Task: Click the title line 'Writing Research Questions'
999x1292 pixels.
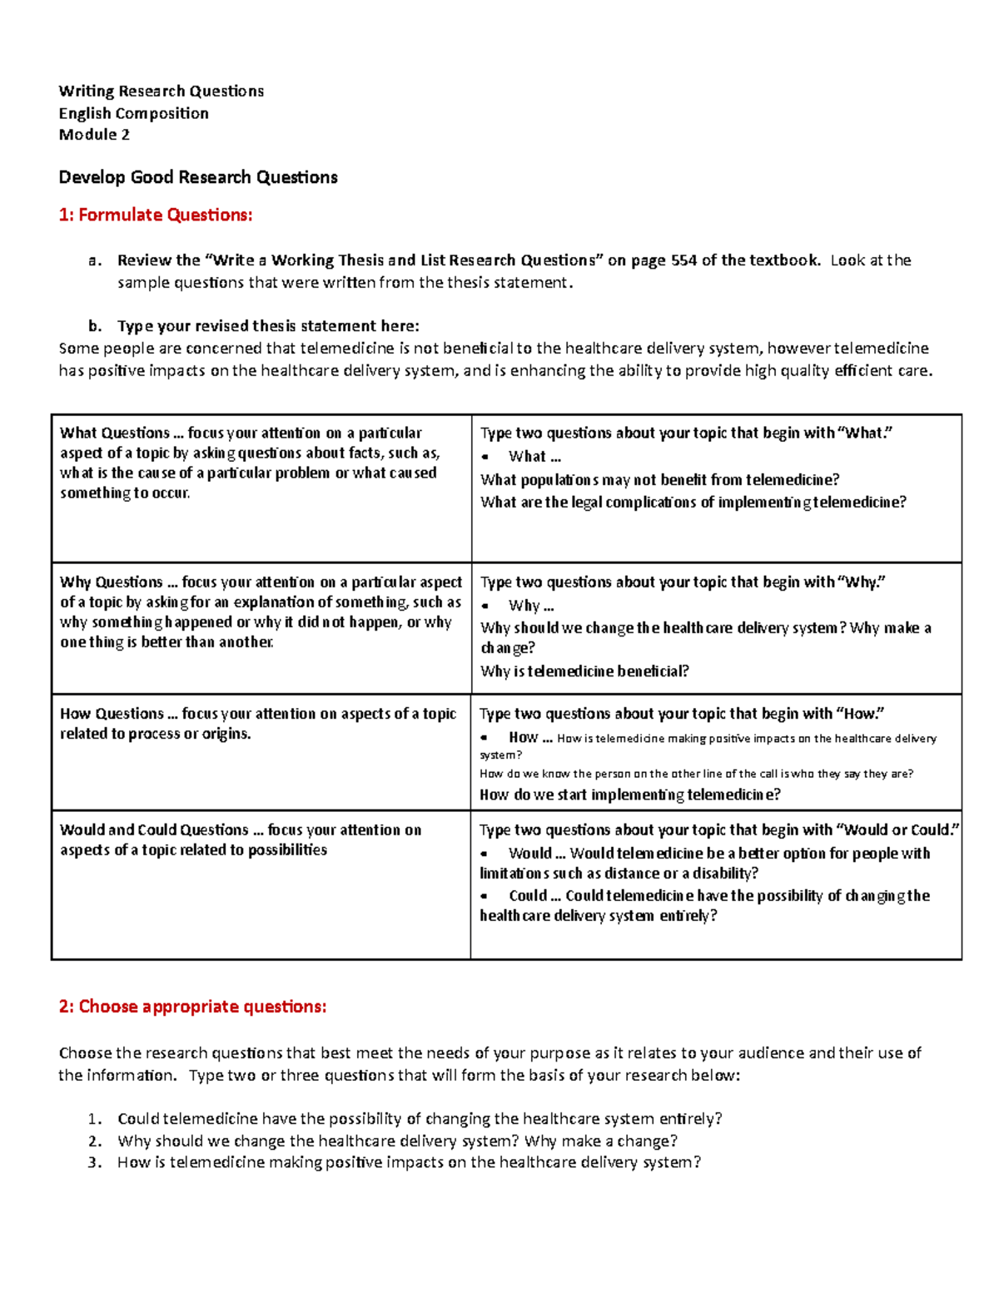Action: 161,92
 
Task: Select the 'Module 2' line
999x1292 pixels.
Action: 94,135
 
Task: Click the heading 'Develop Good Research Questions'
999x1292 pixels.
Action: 198,177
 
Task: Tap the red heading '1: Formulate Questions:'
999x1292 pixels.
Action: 156,215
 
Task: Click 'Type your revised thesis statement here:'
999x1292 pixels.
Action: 268,326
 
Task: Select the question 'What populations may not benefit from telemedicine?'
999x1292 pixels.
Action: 659,480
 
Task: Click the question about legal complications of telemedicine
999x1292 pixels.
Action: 693,502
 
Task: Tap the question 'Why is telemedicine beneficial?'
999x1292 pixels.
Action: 584,671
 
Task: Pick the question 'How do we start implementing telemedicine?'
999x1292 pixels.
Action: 630,795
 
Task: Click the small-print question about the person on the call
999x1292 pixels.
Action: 696,774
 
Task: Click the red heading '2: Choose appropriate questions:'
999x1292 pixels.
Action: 192,1007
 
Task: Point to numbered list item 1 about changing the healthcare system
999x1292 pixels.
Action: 420,1119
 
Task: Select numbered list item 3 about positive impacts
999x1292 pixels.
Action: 409,1163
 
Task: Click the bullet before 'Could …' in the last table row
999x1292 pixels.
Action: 485,897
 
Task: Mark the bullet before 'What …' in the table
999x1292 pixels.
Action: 485,458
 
